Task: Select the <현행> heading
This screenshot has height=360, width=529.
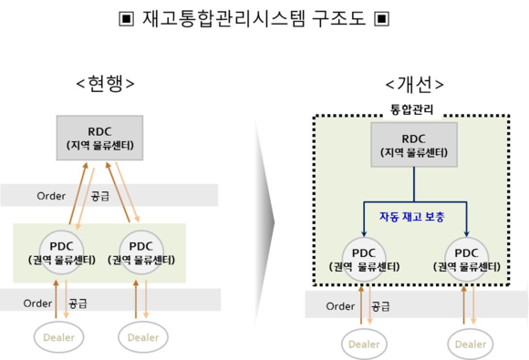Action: click(x=106, y=84)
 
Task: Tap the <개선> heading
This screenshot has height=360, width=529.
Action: click(x=415, y=84)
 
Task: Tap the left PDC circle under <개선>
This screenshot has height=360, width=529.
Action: click(x=364, y=259)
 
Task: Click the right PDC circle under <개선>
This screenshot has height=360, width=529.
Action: click(x=466, y=259)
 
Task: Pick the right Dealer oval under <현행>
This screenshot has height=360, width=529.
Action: click(x=142, y=337)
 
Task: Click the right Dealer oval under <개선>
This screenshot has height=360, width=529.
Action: click(x=471, y=344)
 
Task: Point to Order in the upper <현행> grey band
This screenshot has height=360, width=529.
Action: click(x=51, y=196)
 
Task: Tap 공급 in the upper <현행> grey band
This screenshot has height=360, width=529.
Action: click(x=100, y=196)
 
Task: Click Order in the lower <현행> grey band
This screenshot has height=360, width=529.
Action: click(x=38, y=303)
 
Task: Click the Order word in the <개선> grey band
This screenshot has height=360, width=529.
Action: click(x=341, y=306)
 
